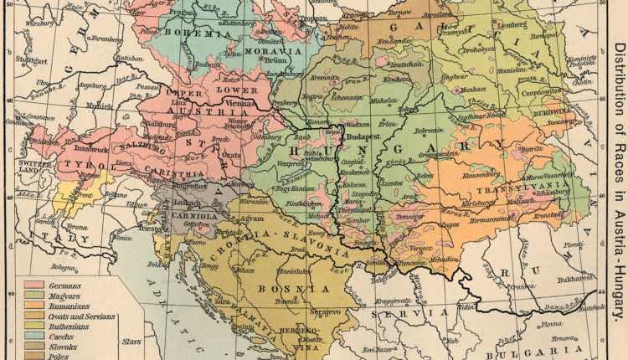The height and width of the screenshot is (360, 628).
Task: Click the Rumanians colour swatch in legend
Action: point(35,306)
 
